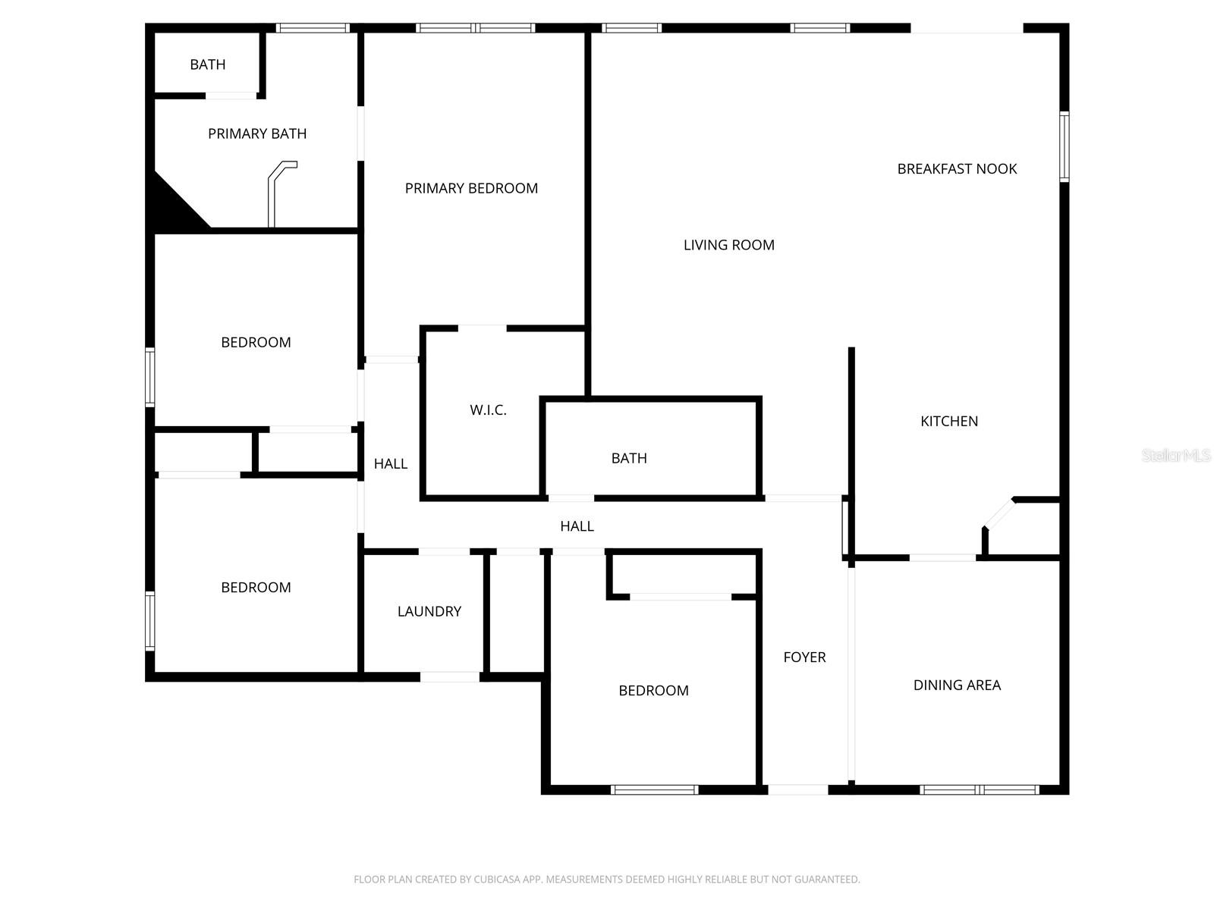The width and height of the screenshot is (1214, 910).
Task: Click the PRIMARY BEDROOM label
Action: pos(471,188)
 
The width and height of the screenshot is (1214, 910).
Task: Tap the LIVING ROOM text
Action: pos(728,245)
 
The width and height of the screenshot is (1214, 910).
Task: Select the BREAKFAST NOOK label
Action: pos(957,169)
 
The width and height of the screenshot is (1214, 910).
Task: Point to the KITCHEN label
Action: pos(949,422)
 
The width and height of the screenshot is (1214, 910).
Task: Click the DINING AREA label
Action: pos(957,686)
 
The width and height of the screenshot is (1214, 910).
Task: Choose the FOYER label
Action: pos(804,657)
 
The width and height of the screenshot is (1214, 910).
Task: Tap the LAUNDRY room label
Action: pos(429,611)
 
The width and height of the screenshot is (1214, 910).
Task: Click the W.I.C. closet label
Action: pos(488,410)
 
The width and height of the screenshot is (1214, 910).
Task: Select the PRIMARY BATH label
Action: pos(257,134)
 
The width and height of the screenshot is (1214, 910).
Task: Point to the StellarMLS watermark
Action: pos(1176,455)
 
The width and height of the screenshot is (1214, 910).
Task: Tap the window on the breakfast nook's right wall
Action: pos(1064,146)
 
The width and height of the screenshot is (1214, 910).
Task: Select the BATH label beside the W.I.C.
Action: pos(629,458)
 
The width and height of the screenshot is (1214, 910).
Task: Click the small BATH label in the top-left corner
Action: pos(207,65)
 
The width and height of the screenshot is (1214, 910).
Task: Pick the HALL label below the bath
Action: pos(577,526)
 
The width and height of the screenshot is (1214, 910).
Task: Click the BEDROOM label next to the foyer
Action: pos(653,691)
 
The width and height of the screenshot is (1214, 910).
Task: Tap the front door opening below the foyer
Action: pos(798,789)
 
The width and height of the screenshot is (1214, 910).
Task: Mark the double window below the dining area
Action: pos(979,789)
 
